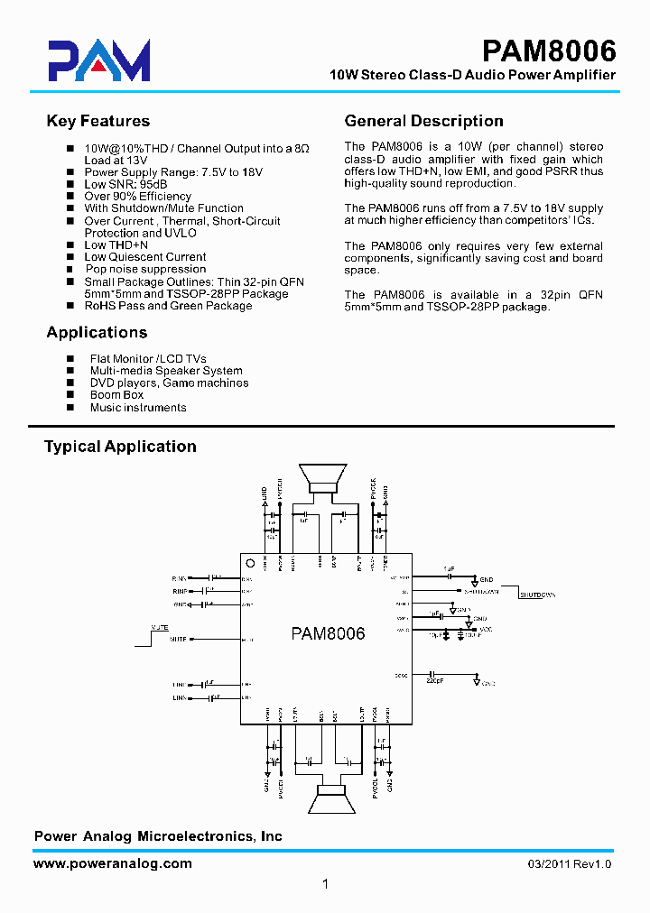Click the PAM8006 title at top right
[x=548, y=49]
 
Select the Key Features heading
[x=97, y=121]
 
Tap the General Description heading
[x=424, y=121]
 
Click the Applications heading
[x=97, y=332]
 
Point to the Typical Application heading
[x=120, y=447]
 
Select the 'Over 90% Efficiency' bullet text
[x=137, y=196]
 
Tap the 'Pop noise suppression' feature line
[x=145, y=269]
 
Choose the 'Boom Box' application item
[x=116, y=395]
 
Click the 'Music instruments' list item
[x=138, y=408]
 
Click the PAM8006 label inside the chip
[x=328, y=633]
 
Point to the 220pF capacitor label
[x=434, y=682]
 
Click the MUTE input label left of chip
[x=178, y=639]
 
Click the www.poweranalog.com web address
[x=113, y=863]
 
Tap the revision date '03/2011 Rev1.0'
[x=570, y=864]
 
